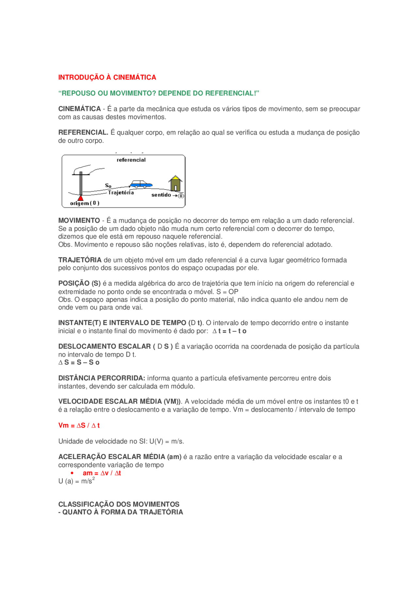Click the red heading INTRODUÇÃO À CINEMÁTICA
(107, 77)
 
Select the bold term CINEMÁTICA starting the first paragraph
(79, 109)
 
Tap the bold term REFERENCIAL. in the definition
(83, 132)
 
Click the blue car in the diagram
(141, 184)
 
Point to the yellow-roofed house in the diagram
(175, 184)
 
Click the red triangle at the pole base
(81, 198)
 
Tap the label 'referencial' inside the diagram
(131, 160)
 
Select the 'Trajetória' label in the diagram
(121, 193)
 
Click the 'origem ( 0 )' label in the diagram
(85, 203)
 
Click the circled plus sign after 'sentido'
(181, 196)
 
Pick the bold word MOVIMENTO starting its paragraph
(79, 221)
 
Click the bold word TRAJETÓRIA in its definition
(80, 260)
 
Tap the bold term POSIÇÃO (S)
(79, 283)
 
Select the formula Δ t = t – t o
(229, 331)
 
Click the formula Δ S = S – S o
(79, 363)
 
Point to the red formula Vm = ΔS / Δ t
(79, 426)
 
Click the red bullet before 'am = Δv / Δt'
(72, 473)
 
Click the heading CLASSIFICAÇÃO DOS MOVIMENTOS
(119, 504)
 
